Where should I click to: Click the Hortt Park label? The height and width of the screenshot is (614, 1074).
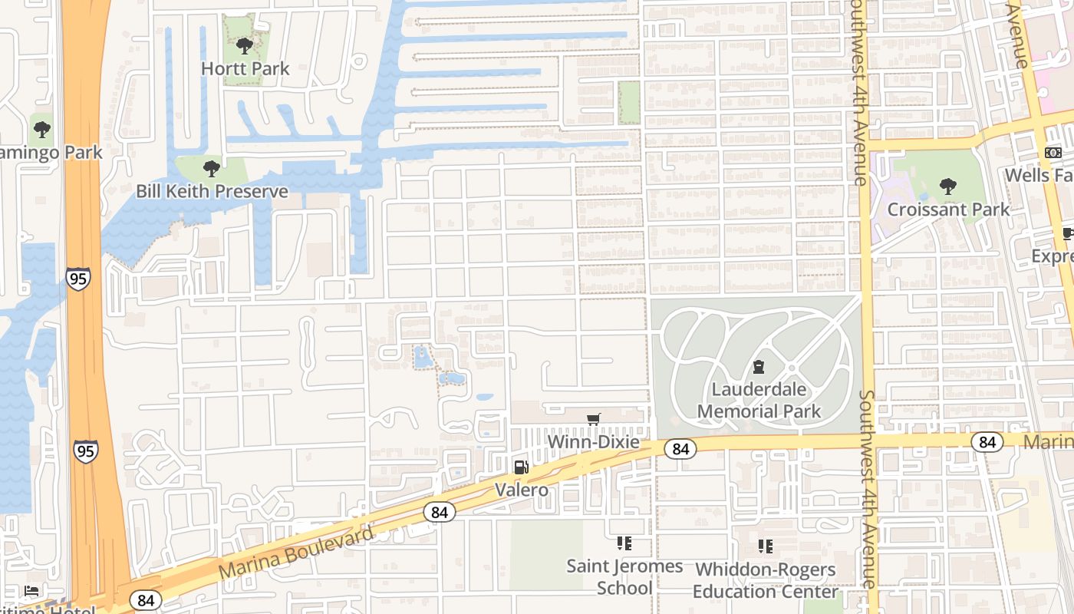pyautogui.click(x=245, y=68)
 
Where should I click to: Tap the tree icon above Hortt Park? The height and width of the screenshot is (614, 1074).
pyautogui.click(x=245, y=46)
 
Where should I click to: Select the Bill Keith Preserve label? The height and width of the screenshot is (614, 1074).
pyautogui.click(x=212, y=191)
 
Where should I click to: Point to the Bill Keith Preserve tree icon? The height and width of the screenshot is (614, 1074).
pyautogui.click(x=211, y=168)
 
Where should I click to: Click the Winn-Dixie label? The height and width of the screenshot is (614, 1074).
pyautogui.click(x=593, y=443)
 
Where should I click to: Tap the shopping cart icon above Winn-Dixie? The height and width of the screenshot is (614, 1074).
pyautogui.click(x=593, y=419)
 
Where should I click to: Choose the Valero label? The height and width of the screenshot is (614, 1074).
pyautogui.click(x=521, y=490)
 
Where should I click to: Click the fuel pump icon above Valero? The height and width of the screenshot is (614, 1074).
pyautogui.click(x=521, y=467)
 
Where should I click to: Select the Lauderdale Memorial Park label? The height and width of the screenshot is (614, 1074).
pyautogui.click(x=759, y=400)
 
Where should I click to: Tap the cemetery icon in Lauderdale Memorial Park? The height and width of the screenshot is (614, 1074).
pyautogui.click(x=759, y=367)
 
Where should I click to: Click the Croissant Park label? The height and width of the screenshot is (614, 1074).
pyautogui.click(x=948, y=209)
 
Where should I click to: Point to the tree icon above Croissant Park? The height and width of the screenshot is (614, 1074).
pyautogui.click(x=948, y=186)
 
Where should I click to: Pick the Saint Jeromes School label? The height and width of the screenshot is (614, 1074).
pyautogui.click(x=624, y=576)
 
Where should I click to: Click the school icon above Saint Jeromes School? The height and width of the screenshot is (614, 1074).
pyautogui.click(x=624, y=543)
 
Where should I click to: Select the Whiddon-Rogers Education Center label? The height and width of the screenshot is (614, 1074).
pyautogui.click(x=765, y=580)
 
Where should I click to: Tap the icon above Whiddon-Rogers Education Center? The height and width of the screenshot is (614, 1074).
pyautogui.click(x=765, y=546)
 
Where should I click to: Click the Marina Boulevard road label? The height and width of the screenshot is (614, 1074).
pyautogui.click(x=297, y=553)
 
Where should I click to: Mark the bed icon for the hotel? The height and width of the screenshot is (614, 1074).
pyautogui.click(x=31, y=590)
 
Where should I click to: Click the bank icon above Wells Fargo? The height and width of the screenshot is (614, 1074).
pyautogui.click(x=1053, y=153)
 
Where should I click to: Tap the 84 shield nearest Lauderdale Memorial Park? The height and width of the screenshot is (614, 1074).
pyautogui.click(x=680, y=448)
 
